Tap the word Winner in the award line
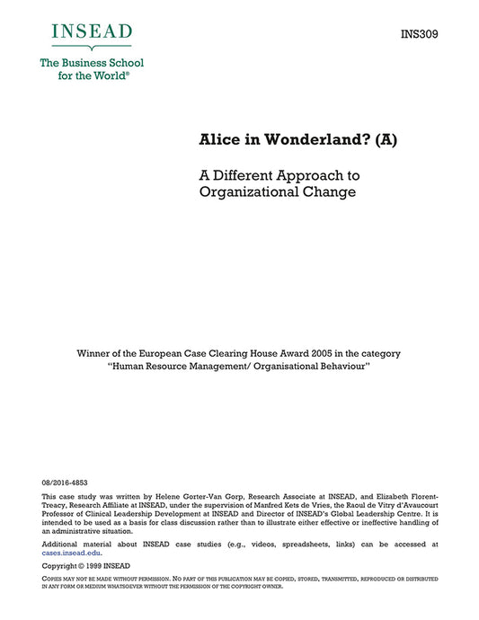[x=95, y=353]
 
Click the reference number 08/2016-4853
[x=65, y=483]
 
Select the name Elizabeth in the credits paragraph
[x=398, y=496]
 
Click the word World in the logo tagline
[x=105, y=76]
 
